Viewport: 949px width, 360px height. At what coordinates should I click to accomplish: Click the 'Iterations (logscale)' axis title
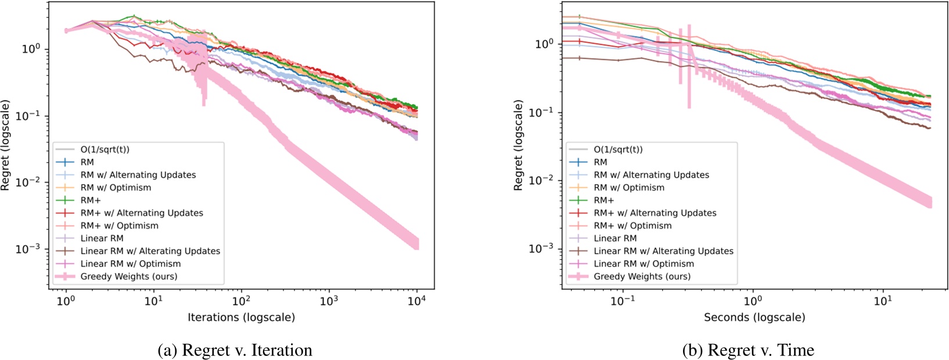[x=241, y=318]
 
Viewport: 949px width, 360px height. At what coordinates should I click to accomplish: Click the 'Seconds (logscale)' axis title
[x=754, y=318]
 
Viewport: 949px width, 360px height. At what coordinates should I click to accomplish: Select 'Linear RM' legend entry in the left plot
[x=102, y=238]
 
